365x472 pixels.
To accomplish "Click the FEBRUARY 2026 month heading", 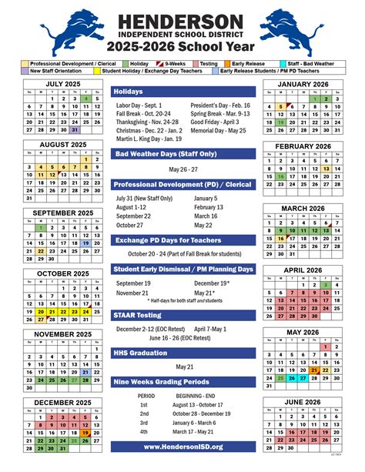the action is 303,146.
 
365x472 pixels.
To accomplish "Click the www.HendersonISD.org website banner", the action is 182,447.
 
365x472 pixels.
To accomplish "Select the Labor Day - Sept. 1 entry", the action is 139,105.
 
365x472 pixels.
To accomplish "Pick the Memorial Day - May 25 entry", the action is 219,130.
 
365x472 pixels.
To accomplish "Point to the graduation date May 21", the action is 182,367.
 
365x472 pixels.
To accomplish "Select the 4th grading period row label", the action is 143,431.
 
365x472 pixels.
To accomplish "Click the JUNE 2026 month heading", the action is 303,401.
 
